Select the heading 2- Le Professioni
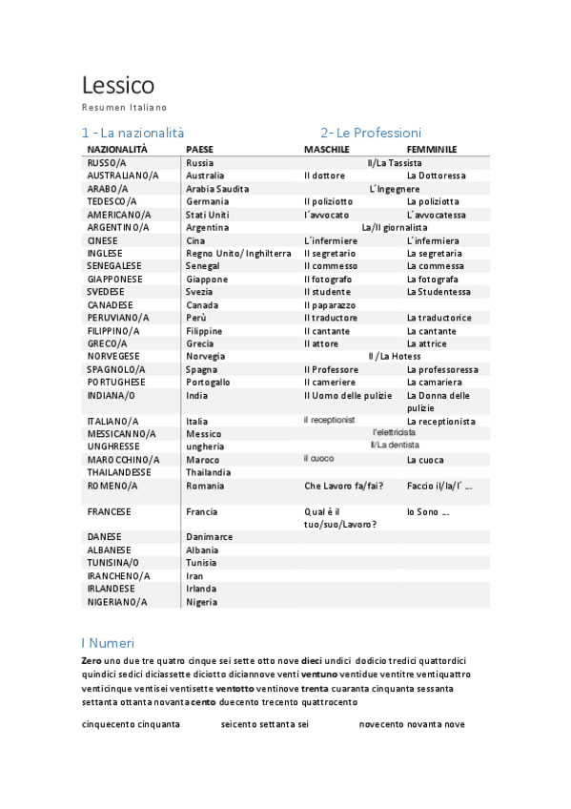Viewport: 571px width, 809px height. coord(371,133)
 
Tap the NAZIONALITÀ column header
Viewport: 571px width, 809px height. coord(117,150)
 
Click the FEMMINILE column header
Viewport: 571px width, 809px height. coord(431,150)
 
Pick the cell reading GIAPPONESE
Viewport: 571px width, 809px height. coord(114,280)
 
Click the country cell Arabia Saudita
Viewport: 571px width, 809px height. coord(217,189)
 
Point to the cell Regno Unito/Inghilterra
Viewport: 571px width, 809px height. coord(238,254)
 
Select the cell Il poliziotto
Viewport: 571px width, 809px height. coord(328,202)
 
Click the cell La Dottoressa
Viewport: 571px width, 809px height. coord(436,176)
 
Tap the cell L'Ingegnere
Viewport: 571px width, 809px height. coord(394,189)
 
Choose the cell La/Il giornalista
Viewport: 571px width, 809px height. coord(394,228)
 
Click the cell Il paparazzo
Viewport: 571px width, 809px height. coord(330,305)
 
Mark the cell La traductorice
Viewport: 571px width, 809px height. coord(438,318)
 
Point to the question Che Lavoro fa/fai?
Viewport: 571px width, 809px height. coord(343,486)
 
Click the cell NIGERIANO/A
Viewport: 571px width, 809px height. coord(117,602)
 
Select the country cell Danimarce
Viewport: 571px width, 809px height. coord(209,537)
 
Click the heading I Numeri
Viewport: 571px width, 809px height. coord(108,642)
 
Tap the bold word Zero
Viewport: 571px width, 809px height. coord(92,661)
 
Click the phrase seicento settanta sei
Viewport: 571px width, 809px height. coord(265,725)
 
